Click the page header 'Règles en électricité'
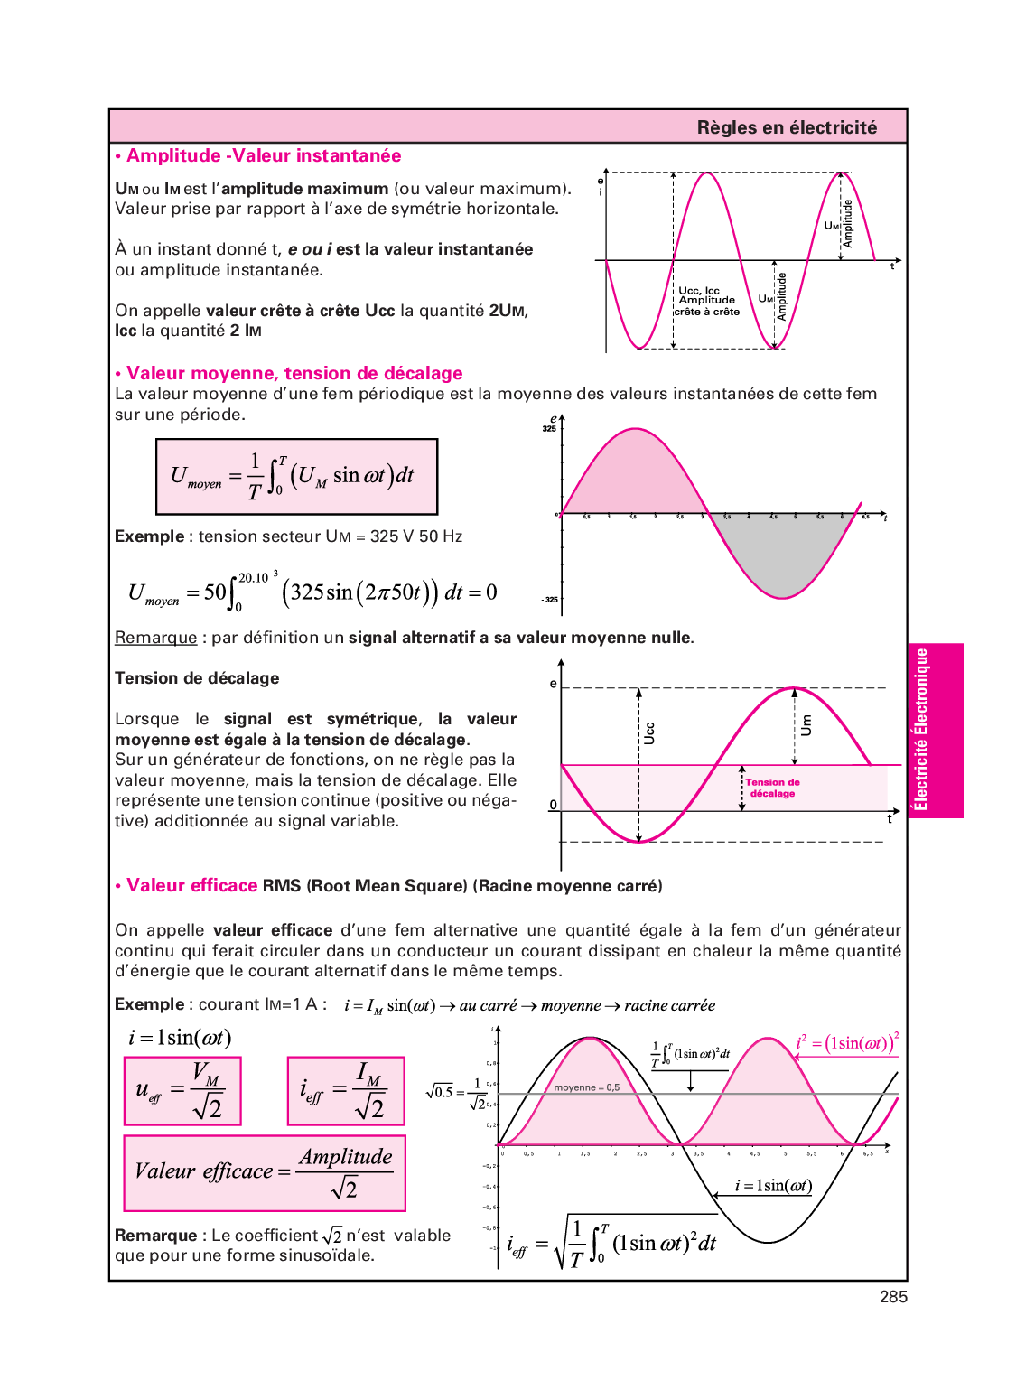(x=786, y=127)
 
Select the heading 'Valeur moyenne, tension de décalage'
(x=294, y=373)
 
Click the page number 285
(x=893, y=1297)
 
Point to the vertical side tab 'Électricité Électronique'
(x=921, y=730)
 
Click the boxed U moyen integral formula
(x=296, y=476)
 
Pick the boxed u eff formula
(x=182, y=1091)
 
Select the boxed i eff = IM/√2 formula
(x=346, y=1091)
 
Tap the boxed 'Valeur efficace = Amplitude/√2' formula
(x=264, y=1172)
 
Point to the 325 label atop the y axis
(x=549, y=429)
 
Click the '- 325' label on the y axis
(x=549, y=600)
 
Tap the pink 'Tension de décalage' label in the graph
(x=772, y=788)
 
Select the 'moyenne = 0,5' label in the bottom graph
(x=586, y=1087)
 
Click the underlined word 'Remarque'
(x=155, y=638)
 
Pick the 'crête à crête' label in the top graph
(x=707, y=312)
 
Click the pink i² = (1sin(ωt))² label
(x=847, y=1043)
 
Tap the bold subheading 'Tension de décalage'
(x=197, y=678)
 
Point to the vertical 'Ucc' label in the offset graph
(x=648, y=732)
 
